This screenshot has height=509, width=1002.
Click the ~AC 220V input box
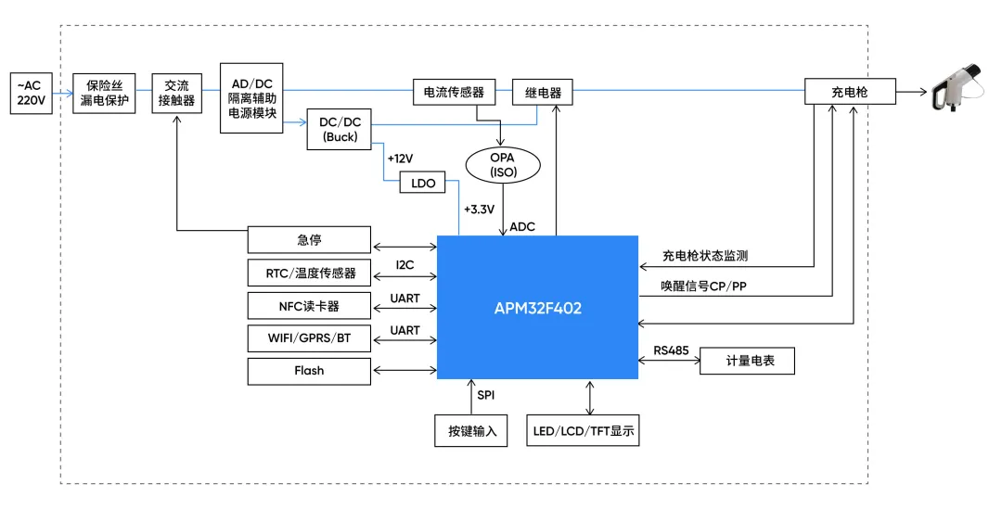point(31,93)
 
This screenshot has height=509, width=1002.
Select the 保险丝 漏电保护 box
point(105,93)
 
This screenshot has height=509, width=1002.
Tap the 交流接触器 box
point(176,93)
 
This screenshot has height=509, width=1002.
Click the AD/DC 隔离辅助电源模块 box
point(251,98)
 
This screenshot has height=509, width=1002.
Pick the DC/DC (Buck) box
point(339,128)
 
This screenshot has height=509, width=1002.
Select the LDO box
point(422,183)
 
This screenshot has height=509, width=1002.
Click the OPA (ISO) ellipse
point(502,165)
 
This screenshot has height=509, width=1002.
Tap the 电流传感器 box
point(453,93)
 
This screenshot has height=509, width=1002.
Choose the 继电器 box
point(542,93)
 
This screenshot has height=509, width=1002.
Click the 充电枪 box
point(850,92)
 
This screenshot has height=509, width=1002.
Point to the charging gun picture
point(959,88)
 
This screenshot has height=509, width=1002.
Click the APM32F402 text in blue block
point(538,308)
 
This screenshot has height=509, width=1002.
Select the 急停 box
point(309,240)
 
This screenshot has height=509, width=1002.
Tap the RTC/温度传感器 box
point(309,273)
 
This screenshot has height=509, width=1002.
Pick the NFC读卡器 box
point(309,305)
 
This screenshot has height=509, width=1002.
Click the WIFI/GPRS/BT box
point(309,337)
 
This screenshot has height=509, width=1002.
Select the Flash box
point(309,370)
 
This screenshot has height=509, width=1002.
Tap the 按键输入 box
point(472,431)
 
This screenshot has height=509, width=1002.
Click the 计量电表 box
point(748,361)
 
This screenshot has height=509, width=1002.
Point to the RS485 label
point(671,350)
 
